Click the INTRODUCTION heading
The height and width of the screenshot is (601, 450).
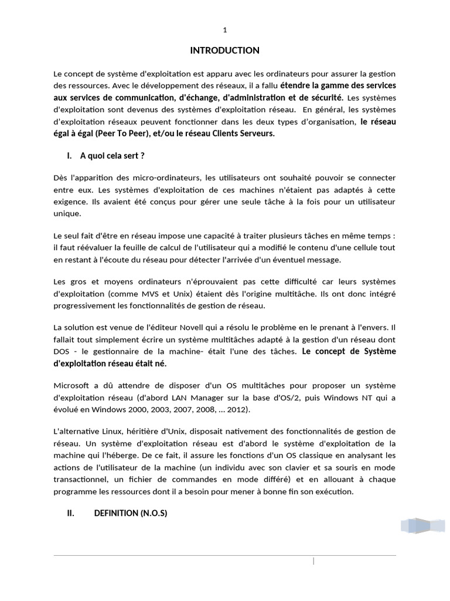tap(224, 50)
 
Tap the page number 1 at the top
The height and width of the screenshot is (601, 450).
tap(224, 30)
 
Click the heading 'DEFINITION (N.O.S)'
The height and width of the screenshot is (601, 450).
tap(131, 513)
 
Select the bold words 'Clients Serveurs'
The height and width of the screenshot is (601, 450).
tap(243, 133)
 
